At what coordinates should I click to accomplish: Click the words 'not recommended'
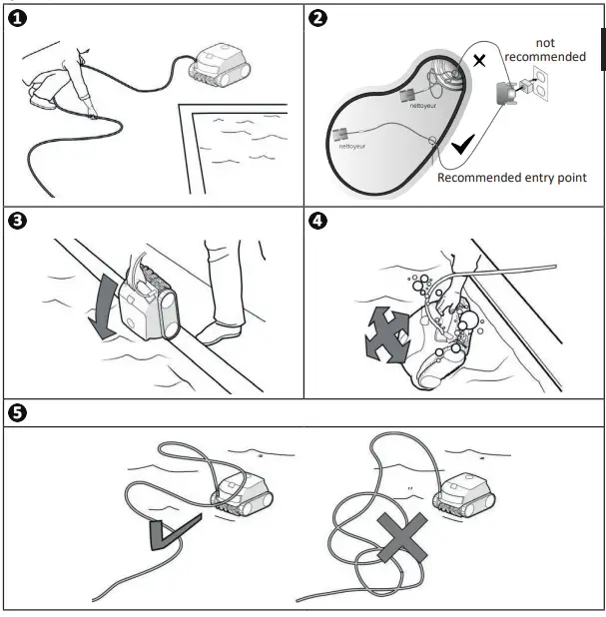[x=545, y=50]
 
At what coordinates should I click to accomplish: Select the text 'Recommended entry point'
[x=512, y=178]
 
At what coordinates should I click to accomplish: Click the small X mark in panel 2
[x=479, y=61]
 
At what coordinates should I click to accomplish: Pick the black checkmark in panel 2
[x=463, y=147]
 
